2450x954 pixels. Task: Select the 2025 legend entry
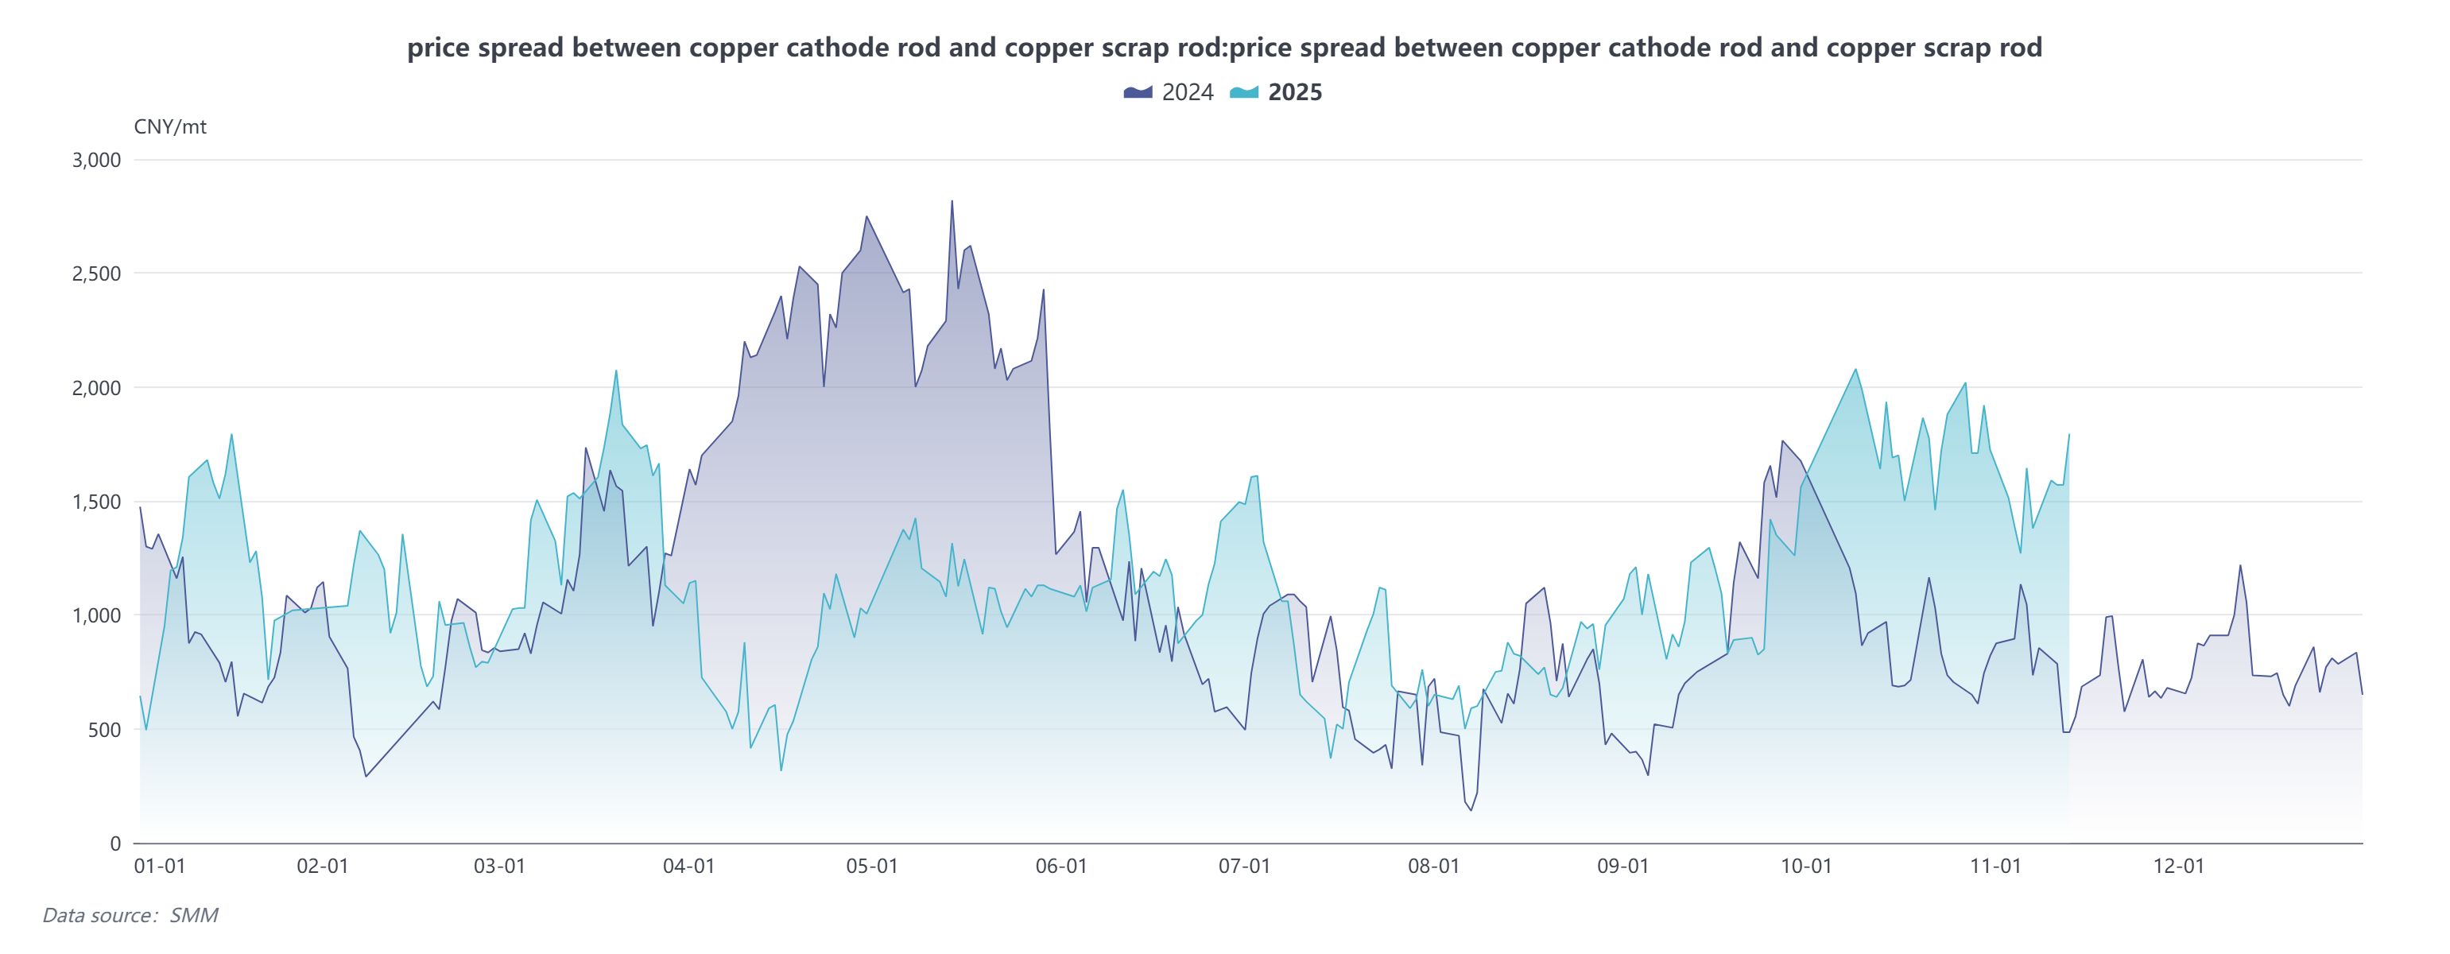(x=1277, y=92)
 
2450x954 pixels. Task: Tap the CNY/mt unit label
(x=170, y=126)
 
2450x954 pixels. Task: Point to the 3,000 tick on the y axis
(x=97, y=160)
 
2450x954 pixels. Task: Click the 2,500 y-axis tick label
(x=97, y=274)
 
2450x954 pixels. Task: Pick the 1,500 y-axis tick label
(x=97, y=502)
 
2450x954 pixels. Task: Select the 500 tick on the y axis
(x=105, y=730)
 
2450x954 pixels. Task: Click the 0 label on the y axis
(x=115, y=843)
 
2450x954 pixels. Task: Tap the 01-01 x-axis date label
(x=160, y=866)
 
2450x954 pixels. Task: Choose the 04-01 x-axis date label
(x=688, y=866)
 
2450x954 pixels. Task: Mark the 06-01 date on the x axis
(x=1061, y=866)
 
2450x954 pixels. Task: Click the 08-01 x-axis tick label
(x=1433, y=866)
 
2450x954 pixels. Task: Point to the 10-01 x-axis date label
(x=1806, y=866)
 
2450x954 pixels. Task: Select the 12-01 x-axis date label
(x=2178, y=866)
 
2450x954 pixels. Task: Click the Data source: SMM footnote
(x=130, y=915)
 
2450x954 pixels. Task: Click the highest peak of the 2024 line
(x=952, y=200)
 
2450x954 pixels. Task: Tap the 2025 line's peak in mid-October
(x=1855, y=369)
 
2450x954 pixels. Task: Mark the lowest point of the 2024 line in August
(x=1471, y=810)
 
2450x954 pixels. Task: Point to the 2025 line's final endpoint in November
(x=2068, y=435)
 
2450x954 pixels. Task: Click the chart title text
(x=1224, y=48)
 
